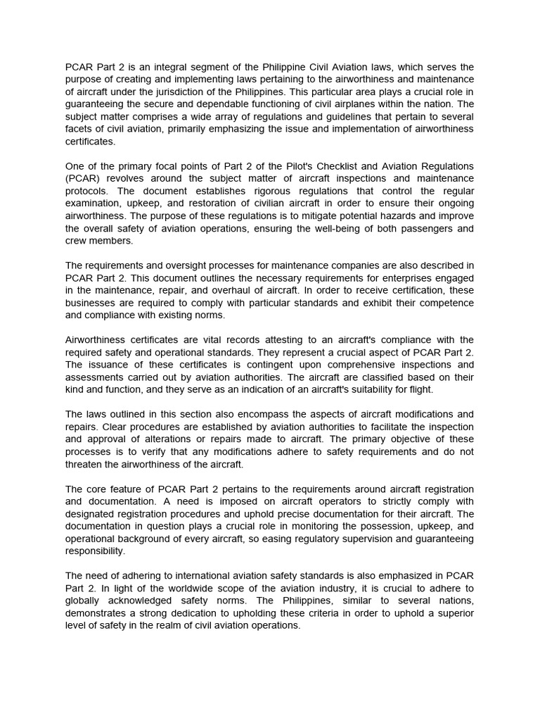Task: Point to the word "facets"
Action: click(80, 129)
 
